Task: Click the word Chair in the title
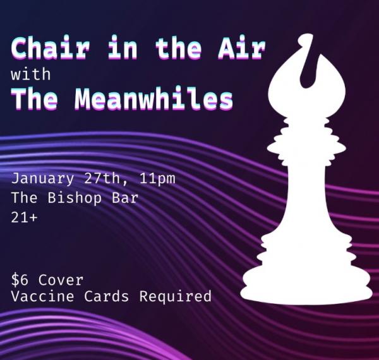51,48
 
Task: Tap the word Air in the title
241,48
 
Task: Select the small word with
31,74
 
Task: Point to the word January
42,179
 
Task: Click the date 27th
102,178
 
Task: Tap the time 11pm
157,179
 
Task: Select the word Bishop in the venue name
75,198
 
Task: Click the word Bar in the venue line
125,198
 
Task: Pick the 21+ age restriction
24,218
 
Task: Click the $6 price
20,280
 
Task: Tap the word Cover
61,280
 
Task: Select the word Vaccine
42,296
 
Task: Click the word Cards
107,296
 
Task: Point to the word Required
176,297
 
